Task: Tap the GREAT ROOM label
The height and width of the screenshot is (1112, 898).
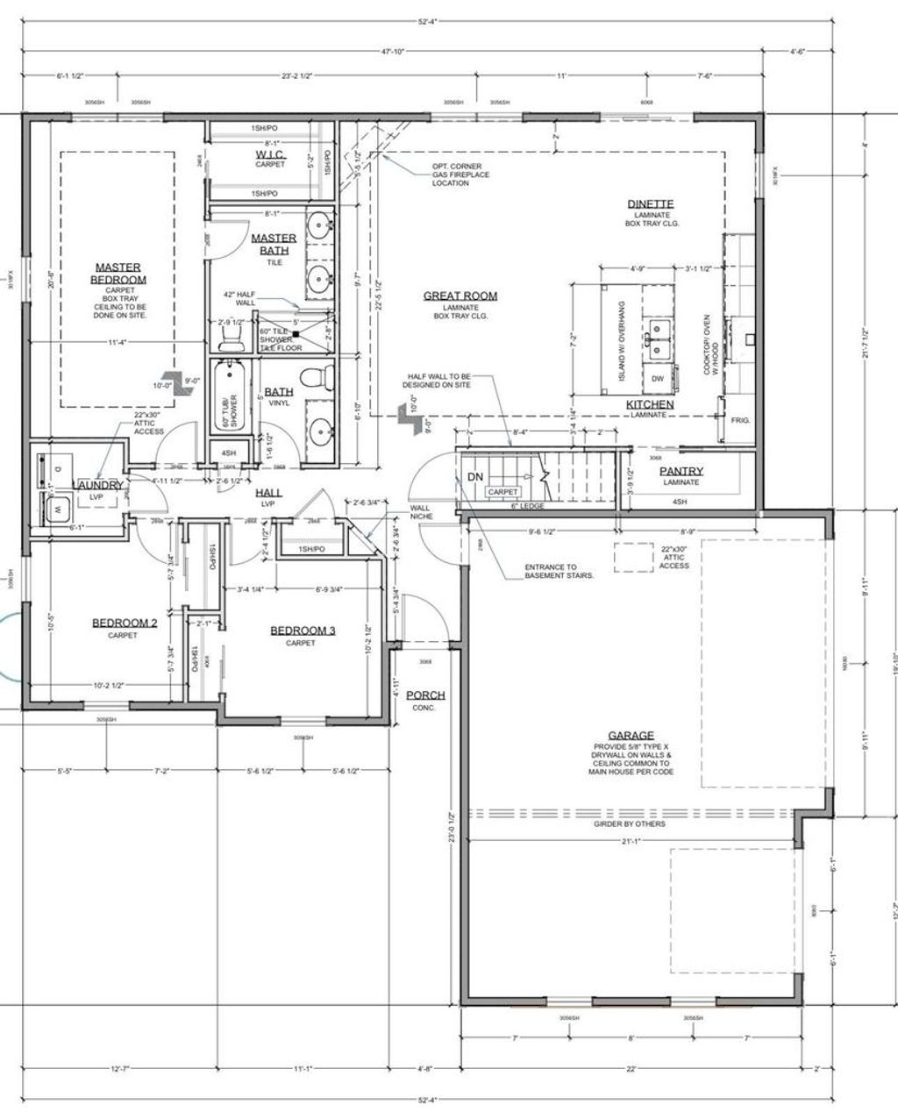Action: [460, 296]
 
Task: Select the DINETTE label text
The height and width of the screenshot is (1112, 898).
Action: [650, 204]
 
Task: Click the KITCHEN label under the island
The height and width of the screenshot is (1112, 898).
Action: [650, 404]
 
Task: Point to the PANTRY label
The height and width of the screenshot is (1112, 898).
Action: [681, 471]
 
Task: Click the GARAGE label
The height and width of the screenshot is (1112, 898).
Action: [631, 736]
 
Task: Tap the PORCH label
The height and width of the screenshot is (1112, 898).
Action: [425, 695]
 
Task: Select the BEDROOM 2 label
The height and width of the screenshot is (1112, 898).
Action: [125, 623]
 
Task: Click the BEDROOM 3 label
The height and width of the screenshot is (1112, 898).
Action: [303, 630]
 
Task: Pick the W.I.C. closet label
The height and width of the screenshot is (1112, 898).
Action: [270, 154]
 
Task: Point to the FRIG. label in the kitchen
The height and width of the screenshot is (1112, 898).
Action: [740, 421]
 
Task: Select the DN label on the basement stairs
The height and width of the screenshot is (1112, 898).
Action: [475, 476]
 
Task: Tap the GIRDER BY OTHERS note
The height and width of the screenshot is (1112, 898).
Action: [631, 823]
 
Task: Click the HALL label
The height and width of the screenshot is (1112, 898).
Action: [268, 495]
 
